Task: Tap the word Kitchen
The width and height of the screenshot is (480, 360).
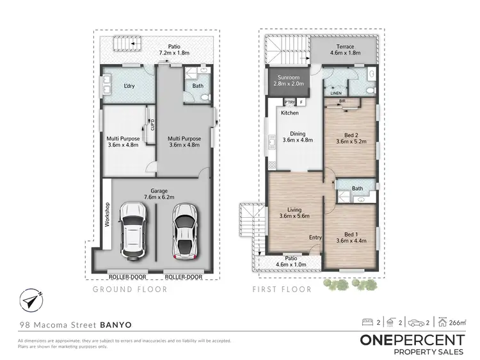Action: (x=289, y=113)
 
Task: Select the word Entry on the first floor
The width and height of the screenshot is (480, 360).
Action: (x=315, y=238)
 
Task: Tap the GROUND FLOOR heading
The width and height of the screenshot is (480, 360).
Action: (x=130, y=290)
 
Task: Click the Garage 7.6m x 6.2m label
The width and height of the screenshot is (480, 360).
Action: (x=159, y=194)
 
